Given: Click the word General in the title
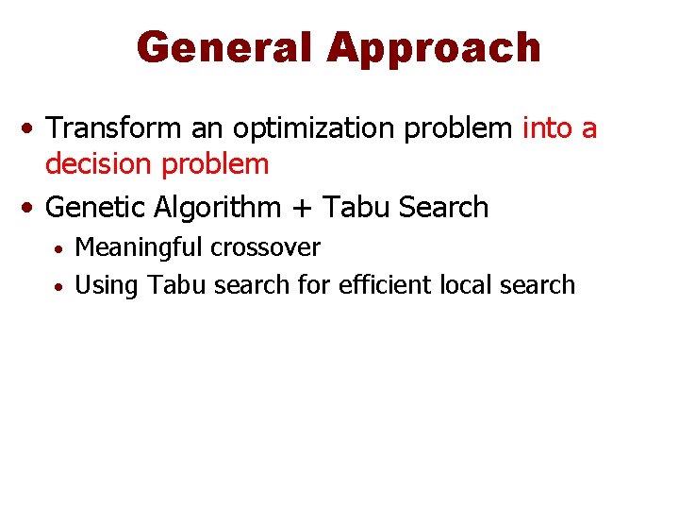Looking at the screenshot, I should tap(224, 47).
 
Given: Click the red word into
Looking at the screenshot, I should tap(549, 127).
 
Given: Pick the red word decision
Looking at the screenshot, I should tap(101, 164).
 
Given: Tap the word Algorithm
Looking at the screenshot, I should tap(219, 208).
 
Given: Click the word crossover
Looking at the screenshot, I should tap(265, 247).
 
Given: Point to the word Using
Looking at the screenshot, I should tap(106, 285).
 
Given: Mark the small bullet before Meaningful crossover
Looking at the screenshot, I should tap(58, 249).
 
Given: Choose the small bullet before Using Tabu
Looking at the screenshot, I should tap(58, 285).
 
